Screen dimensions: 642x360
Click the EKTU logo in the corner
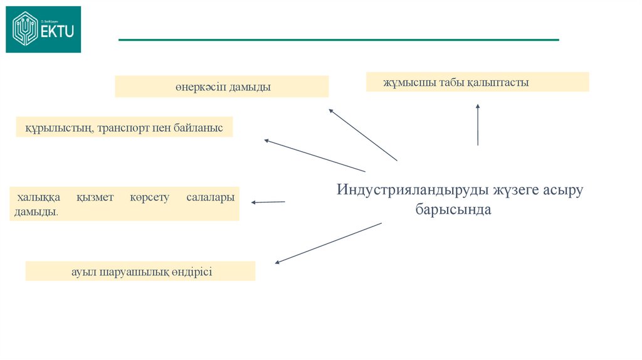(43, 29)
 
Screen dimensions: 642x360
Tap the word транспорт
(124, 127)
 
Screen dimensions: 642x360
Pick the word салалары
(210, 198)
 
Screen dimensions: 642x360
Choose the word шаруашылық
(129, 272)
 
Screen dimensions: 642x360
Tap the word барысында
(453, 210)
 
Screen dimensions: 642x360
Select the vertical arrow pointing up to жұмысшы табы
(478, 125)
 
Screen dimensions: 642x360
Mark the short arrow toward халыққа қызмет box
(268, 202)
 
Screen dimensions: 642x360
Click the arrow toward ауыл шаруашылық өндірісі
(329, 243)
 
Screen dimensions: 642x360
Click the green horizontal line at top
(339, 40)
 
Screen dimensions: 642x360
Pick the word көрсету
(150, 198)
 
